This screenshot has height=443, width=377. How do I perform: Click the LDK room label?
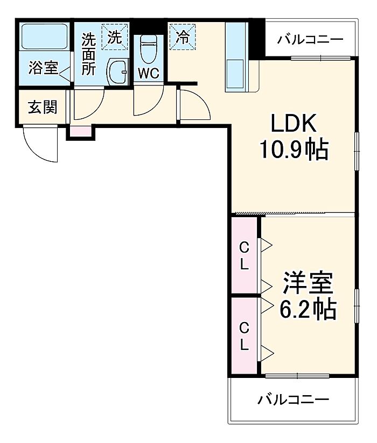point(294,123)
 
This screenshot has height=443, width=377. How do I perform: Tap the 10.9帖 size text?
point(294,150)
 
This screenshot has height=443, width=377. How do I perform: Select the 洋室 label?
point(308,283)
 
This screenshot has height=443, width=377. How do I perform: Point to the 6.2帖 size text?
point(308,309)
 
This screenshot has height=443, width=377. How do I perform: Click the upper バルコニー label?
point(310,39)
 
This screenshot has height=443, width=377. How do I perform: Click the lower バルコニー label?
point(293,399)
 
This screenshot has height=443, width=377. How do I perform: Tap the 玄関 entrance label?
point(43,107)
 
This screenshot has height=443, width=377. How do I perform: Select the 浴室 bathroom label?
point(43,68)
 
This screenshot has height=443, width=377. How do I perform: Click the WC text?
point(149,74)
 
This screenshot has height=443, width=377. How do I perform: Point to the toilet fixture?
point(149,49)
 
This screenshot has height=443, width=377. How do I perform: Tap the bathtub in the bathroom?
point(45,37)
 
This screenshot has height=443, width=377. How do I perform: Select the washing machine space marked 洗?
point(115,37)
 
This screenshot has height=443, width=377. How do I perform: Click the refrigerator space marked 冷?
point(183,37)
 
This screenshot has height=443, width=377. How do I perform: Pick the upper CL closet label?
point(245,256)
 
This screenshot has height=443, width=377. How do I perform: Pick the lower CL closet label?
point(245,337)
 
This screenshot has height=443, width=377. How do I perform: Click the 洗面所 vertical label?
point(88,54)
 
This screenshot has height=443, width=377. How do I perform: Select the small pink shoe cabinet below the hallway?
point(81,131)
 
